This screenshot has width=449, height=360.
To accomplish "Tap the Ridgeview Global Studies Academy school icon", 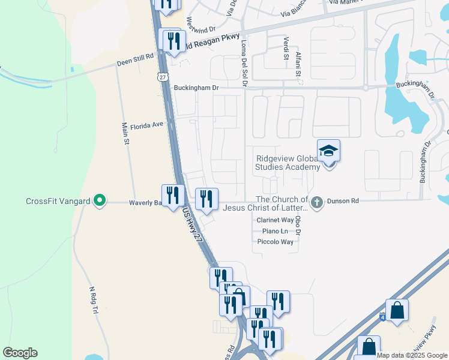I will pyautogui.click(x=328, y=151).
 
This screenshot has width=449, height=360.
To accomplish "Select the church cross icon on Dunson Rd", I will pyautogui.click(x=318, y=202).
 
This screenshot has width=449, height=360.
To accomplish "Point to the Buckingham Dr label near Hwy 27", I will pyautogui.click(x=196, y=88).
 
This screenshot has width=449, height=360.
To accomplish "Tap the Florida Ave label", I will pyautogui.click(x=147, y=125).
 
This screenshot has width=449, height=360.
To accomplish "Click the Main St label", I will pyautogui.click(x=126, y=134).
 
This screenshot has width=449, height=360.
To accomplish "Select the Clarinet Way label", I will pyautogui.click(x=275, y=220).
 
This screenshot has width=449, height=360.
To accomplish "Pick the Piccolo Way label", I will pyautogui.click(x=275, y=242).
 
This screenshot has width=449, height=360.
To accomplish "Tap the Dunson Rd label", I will pyautogui.click(x=342, y=202).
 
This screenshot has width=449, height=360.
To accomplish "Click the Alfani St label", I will pyautogui.click(x=298, y=64).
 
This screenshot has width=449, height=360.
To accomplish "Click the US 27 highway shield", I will pyautogui.click(x=163, y=77).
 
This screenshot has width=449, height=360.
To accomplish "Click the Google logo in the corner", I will pyautogui.click(x=20, y=353).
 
